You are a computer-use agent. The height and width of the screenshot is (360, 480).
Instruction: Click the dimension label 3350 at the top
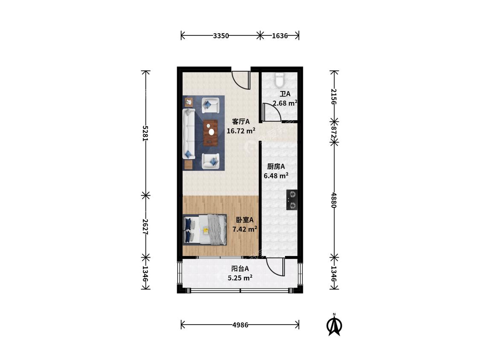(x=221, y=36)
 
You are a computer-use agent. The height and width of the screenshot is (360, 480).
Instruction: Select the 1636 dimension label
(x=280, y=36)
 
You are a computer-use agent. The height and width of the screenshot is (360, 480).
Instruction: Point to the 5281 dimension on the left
(x=145, y=133)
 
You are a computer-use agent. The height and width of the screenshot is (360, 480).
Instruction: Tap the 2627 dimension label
(x=145, y=226)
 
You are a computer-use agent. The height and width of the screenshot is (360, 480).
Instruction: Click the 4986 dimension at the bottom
(x=240, y=325)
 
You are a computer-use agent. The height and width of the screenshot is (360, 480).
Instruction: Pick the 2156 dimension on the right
(x=334, y=96)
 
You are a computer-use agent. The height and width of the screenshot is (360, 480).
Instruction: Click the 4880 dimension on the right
(x=334, y=200)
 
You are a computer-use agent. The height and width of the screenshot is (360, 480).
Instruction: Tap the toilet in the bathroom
(x=279, y=80)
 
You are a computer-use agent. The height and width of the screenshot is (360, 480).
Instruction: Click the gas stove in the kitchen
(x=292, y=200)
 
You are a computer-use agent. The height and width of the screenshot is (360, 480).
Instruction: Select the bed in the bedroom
(x=205, y=229)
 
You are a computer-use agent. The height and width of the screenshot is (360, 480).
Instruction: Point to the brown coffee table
(x=211, y=133)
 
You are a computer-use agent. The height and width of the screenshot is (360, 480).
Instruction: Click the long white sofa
(x=189, y=134)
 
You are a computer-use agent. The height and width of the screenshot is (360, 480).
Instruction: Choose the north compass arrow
(x=334, y=325)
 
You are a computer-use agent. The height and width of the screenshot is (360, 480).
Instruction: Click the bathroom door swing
(x=271, y=112)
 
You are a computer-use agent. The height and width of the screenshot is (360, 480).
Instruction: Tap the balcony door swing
(x=276, y=267)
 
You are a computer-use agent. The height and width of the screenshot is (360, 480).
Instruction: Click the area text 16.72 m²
(x=241, y=131)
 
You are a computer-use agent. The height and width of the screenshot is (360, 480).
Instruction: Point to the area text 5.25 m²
(x=240, y=278)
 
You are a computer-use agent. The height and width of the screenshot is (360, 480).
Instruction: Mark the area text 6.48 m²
(x=276, y=176)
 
